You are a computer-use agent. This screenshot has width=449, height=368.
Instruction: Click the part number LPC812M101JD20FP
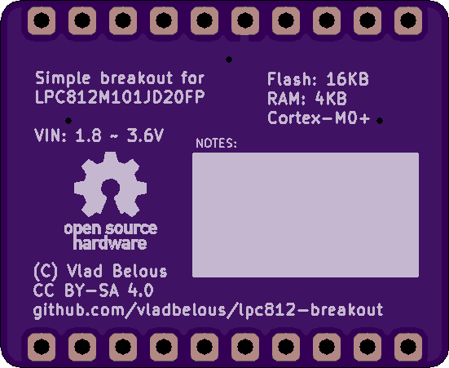click(x=120, y=97)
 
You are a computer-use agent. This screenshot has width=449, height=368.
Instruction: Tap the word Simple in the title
click(x=63, y=78)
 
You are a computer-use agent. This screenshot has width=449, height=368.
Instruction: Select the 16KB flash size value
click(x=347, y=79)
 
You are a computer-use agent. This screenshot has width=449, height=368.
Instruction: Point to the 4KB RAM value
click(x=331, y=99)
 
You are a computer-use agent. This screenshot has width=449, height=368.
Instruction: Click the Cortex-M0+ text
click(x=319, y=117)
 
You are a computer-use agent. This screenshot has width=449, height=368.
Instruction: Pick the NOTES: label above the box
click(x=216, y=143)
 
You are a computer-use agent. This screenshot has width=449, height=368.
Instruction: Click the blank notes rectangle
click(x=306, y=215)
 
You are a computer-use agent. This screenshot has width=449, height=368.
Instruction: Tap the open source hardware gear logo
click(x=110, y=184)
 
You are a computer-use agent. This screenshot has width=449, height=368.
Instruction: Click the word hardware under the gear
click(x=110, y=243)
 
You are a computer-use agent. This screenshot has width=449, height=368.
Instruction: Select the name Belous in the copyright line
click(x=140, y=271)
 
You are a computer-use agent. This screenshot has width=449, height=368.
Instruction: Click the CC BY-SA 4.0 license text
click(x=94, y=290)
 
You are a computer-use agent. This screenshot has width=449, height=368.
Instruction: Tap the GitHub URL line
click(x=208, y=311)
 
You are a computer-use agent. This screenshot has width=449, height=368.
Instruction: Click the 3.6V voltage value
click(x=145, y=135)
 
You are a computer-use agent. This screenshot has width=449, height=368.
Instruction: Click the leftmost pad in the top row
click(x=42, y=20)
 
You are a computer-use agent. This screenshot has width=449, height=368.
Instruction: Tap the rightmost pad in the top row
click(x=408, y=20)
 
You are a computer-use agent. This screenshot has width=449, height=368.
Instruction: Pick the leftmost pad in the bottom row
click(x=42, y=347)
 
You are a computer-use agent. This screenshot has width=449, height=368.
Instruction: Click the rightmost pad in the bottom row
click(x=408, y=347)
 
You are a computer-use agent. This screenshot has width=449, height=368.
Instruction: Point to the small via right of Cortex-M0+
click(x=380, y=121)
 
